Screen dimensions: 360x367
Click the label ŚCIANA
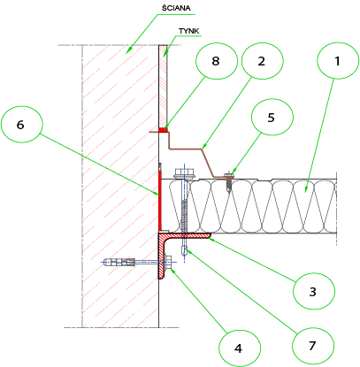tap(176, 8)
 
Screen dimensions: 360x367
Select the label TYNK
tap(189, 31)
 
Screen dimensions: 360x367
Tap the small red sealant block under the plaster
tap(163, 130)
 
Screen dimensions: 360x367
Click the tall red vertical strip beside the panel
tap(160, 201)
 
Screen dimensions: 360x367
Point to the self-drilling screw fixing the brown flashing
tap(228, 181)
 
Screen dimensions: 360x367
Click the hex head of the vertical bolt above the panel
tap(184, 173)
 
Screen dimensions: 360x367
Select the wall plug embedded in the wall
tap(119, 262)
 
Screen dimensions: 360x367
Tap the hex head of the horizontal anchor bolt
tap(169, 262)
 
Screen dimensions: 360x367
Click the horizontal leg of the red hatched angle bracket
tap(186, 235)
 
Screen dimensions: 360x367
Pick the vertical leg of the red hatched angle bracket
tap(162, 256)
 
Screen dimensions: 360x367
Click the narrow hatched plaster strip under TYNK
tap(163, 86)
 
